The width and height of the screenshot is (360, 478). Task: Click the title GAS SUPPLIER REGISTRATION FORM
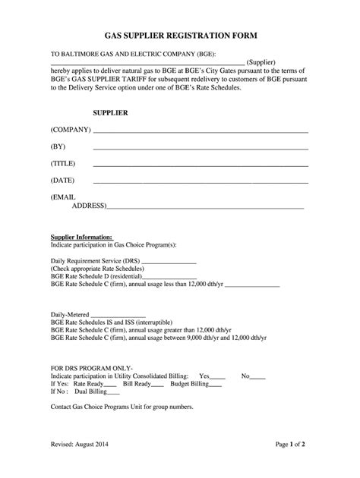pos(180,36)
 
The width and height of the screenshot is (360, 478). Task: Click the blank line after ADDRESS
pos(205,206)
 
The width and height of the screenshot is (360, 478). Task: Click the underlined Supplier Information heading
pos(82,237)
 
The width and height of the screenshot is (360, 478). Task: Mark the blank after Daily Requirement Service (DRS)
pos(169,262)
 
